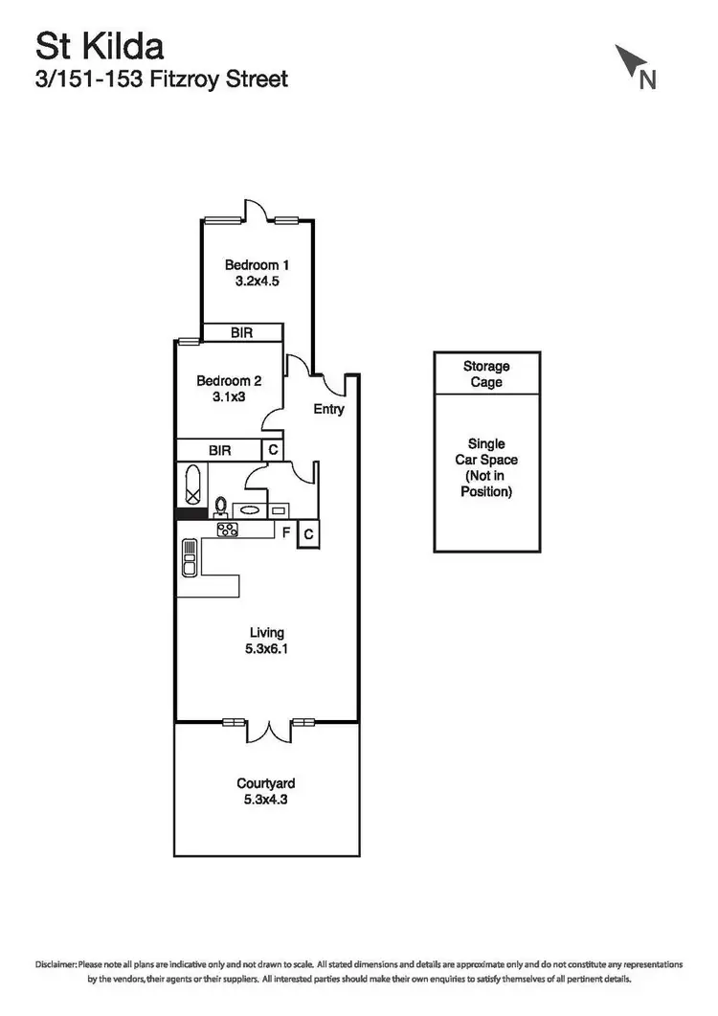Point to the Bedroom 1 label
tap(257, 265)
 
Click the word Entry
tap(328, 410)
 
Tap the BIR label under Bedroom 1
tap(241, 333)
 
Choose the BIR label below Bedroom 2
tap(220, 449)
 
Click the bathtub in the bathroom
tap(191, 484)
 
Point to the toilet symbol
tap(220, 506)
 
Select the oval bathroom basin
tap(250, 510)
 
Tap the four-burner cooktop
tap(228, 530)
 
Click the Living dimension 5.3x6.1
tap(267, 648)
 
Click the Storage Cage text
tap(486, 374)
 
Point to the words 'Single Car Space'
tap(486, 460)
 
